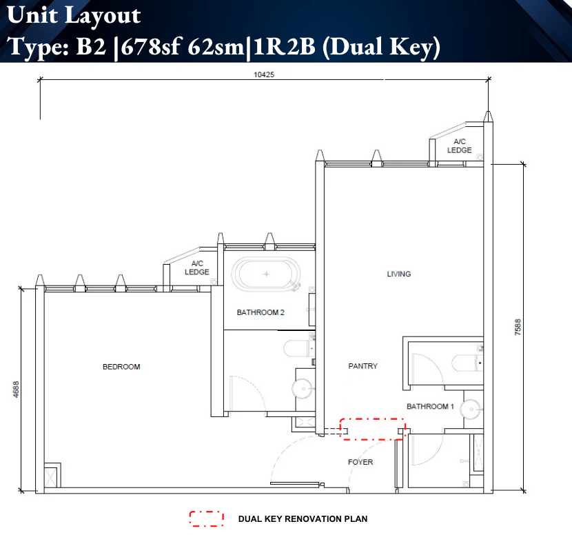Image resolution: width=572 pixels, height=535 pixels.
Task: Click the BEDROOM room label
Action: [x=121, y=367]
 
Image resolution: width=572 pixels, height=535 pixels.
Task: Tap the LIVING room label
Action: [x=399, y=274]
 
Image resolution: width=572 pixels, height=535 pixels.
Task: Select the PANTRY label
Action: [x=362, y=366]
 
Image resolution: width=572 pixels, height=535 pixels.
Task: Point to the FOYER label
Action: [x=360, y=462]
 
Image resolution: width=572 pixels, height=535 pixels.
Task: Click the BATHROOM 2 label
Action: [x=261, y=312]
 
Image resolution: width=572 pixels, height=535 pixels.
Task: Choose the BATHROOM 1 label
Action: [x=430, y=407]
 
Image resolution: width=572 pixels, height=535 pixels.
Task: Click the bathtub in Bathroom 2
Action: [x=266, y=274]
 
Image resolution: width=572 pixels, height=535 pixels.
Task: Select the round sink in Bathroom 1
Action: [x=471, y=410]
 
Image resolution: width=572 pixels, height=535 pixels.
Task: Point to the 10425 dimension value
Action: [x=264, y=75]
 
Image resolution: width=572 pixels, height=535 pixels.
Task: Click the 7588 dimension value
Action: [x=518, y=327]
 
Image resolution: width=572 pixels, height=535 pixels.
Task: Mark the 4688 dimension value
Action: [x=16, y=390]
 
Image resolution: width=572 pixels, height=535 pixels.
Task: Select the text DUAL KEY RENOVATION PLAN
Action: [x=303, y=519]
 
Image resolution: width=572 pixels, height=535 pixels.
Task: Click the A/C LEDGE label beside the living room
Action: [x=459, y=146]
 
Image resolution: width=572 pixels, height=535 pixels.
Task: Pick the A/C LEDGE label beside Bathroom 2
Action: [x=197, y=268]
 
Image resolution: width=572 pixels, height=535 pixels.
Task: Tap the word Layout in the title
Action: [x=103, y=15]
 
